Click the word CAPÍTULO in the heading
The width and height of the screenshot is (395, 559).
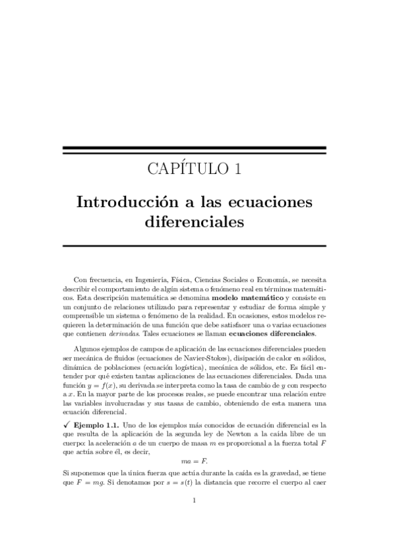click(185, 169)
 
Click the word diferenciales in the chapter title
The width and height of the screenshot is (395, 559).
click(194, 222)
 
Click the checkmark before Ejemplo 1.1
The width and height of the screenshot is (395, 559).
click(67, 417)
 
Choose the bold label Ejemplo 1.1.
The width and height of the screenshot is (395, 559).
click(96, 417)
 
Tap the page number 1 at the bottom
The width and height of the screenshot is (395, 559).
click(194, 519)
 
